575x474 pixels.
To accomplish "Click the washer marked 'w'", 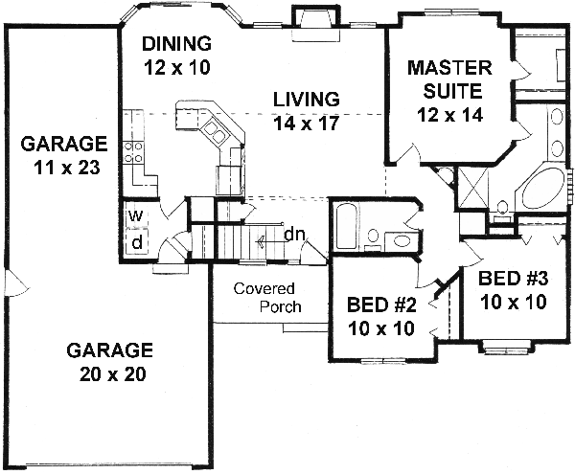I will [x=136, y=216].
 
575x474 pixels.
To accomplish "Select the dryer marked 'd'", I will [x=136, y=243].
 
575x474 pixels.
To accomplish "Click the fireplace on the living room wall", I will [x=313, y=19].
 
